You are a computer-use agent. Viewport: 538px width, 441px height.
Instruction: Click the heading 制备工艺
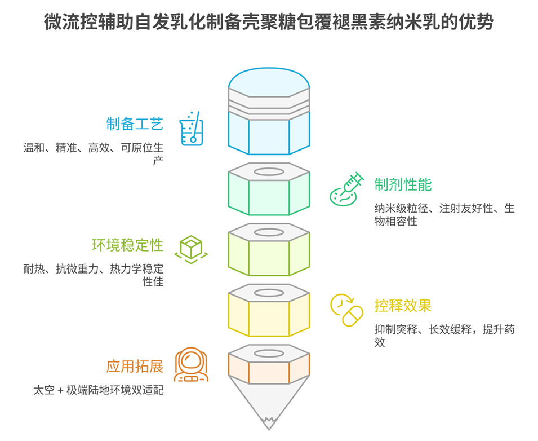134,124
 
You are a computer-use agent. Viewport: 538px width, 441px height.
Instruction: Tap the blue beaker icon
192,129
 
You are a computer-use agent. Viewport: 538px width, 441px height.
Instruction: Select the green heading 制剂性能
403,184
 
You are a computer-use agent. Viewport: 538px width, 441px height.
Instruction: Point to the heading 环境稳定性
127,245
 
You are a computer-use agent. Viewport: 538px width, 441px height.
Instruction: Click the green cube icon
191,249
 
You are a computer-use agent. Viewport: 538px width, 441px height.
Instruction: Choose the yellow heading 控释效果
403,306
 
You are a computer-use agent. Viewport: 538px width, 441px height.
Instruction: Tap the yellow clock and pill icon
346,310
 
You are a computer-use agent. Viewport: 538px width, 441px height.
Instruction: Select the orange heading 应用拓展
134,367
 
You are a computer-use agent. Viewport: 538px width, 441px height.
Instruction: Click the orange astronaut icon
191,365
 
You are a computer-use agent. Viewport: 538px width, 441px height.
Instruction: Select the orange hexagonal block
269,366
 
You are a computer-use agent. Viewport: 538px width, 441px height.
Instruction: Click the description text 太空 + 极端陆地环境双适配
99,390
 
